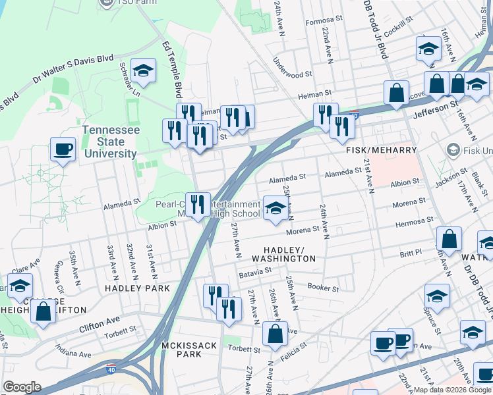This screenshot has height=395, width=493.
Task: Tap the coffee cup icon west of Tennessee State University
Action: click(x=63, y=149)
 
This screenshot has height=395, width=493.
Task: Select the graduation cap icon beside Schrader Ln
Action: click(x=142, y=71)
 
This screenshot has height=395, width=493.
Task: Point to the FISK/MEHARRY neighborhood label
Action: click(x=374, y=150)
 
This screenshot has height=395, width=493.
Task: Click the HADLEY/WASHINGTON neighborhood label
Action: click(x=289, y=254)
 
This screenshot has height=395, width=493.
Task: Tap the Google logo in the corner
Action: click(x=22, y=387)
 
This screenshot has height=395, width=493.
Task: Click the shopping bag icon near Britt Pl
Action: click(x=449, y=241)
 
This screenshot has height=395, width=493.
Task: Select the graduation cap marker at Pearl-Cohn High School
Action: click(x=275, y=209)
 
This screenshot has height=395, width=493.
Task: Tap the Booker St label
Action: click(x=323, y=288)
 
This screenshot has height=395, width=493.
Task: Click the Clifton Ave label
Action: click(x=100, y=322)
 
